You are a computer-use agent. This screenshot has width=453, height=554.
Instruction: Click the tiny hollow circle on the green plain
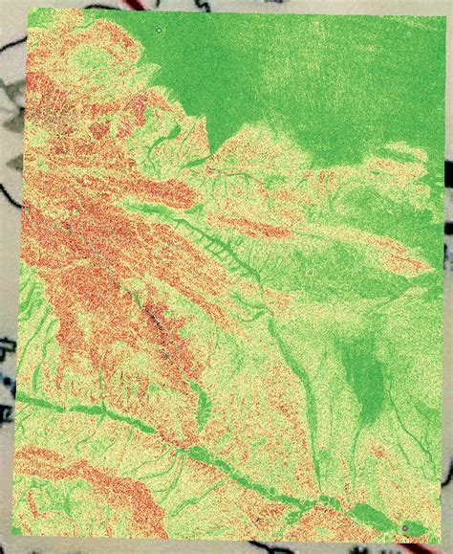159,30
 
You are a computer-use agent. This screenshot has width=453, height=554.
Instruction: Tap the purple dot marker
406,527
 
